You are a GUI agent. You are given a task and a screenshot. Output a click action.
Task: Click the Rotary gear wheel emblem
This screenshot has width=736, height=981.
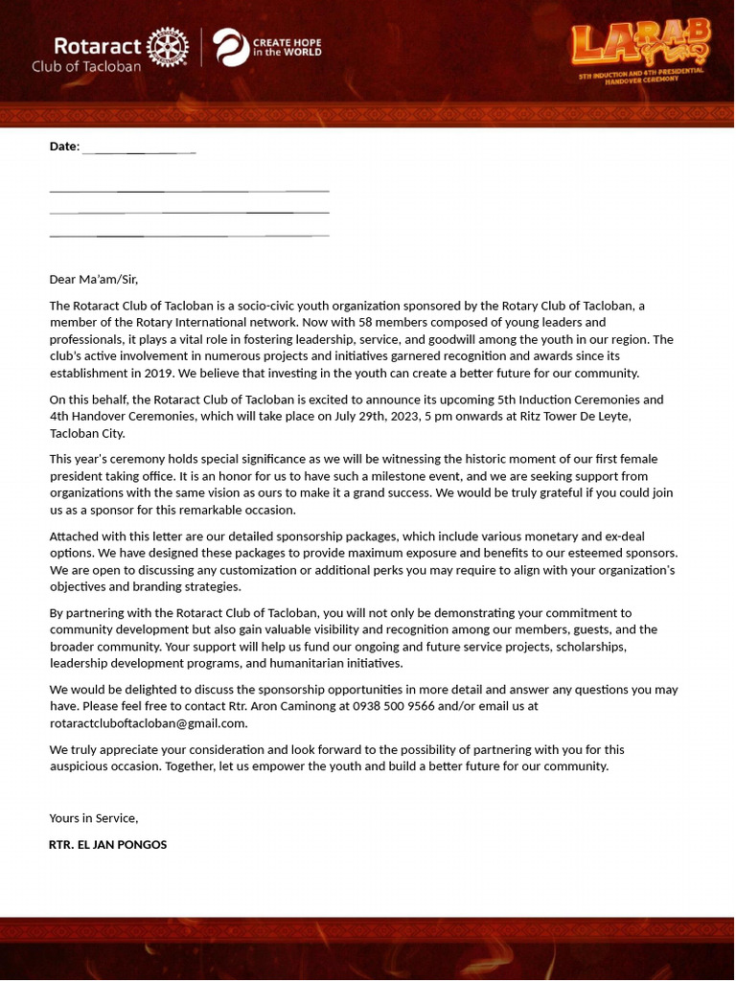pos(170,47)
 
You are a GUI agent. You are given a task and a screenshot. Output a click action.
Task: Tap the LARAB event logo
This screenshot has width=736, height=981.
pos(641,45)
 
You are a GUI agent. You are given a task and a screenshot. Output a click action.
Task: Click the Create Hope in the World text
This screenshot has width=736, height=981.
pos(287,48)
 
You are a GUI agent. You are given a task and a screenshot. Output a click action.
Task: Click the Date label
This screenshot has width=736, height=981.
pos(63,147)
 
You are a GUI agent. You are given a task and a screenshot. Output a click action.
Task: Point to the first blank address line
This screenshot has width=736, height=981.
pos(189,192)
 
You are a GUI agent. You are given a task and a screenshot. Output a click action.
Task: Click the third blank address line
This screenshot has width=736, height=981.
pos(189,235)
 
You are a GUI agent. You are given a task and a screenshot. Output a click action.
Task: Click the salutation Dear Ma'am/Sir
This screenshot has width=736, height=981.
pos(94,280)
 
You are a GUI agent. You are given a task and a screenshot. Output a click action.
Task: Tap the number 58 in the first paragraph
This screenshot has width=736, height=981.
pos(389,323)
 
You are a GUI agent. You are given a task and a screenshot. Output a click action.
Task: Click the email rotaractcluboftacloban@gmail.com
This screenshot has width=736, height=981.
pos(149,723)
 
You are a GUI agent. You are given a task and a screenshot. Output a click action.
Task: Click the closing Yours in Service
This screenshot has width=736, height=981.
pos(94,818)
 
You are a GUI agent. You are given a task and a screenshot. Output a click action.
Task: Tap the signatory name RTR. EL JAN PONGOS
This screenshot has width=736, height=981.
pos(107,845)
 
